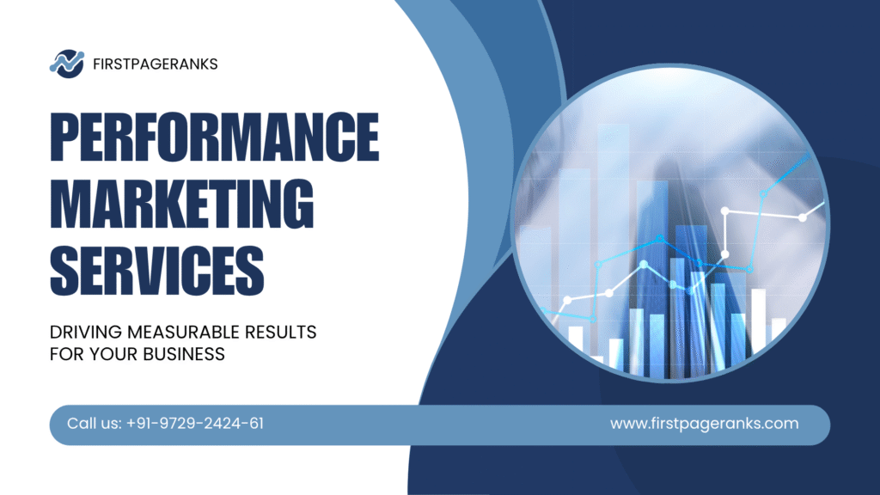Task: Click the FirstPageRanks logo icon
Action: tap(66, 62)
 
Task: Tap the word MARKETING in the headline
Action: tap(181, 201)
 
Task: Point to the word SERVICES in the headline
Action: tap(156, 266)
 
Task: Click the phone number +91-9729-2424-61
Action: tap(194, 424)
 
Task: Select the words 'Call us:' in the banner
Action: tap(94, 424)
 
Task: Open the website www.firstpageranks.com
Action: tap(704, 424)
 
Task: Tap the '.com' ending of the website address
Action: tap(780, 424)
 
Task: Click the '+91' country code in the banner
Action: tap(139, 424)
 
